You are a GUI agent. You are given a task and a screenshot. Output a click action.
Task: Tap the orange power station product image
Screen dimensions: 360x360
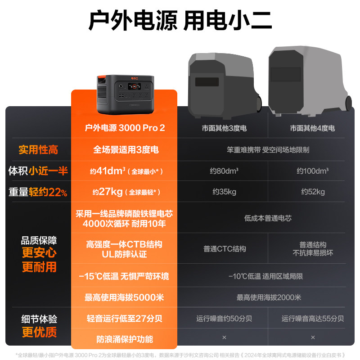click(125, 94)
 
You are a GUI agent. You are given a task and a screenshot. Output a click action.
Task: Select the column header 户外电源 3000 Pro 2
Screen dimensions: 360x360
click(125, 128)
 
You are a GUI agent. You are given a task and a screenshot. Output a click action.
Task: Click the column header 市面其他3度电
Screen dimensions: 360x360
click(224, 128)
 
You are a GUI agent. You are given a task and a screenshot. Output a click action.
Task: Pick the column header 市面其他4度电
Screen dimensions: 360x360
click(312, 128)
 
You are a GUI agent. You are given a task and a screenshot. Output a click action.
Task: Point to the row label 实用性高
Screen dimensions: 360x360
click(38, 149)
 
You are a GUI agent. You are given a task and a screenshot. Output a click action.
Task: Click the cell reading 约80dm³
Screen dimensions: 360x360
click(224, 171)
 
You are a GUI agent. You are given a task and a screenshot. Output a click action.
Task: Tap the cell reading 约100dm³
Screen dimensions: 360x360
click(312, 171)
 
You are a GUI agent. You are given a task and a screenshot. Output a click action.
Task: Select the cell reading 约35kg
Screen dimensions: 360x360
click(224, 192)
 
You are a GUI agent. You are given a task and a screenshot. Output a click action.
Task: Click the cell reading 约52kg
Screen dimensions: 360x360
click(312, 192)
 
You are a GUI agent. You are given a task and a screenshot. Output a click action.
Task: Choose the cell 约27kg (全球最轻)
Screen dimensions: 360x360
click(125, 192)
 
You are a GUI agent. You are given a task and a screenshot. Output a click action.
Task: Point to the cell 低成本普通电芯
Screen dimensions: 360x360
click(268, 218)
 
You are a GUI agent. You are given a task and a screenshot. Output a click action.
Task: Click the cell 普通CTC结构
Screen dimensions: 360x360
click(224, 248)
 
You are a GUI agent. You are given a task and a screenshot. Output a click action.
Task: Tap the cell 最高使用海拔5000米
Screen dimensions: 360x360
click(125, 297)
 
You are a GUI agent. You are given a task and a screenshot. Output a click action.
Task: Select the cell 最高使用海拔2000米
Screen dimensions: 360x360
click(268, 297)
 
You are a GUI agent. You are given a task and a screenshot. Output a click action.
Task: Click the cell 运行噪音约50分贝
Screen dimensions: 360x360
click(224, 319)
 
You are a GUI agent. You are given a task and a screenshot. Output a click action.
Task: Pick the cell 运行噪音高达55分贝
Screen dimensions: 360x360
click(312, 319)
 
